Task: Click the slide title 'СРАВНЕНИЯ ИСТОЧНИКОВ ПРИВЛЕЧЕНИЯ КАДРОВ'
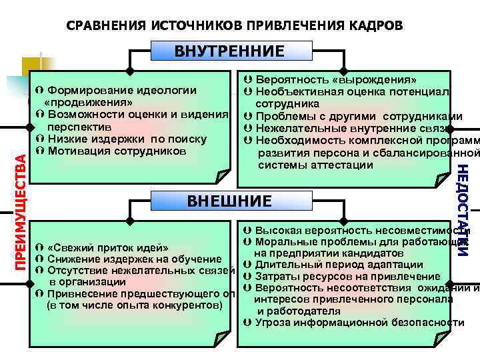point(235,25)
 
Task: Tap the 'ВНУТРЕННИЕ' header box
point(229,51)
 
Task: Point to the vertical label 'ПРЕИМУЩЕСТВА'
point(21,211)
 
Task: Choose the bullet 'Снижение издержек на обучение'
point(134,259)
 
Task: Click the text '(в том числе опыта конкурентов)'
point(134,305)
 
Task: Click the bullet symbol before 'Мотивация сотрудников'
point(40,151)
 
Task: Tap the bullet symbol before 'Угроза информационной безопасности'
point(247,323)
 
